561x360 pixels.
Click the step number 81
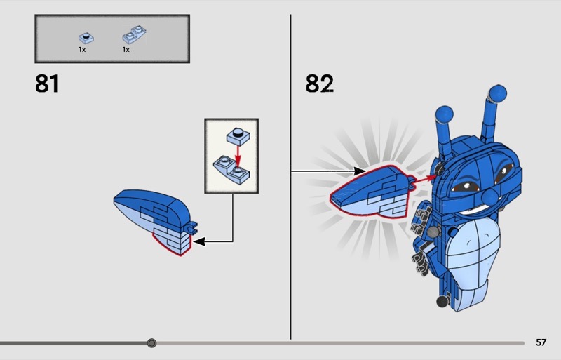[x=47, y=84]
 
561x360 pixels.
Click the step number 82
[x=320, y=84]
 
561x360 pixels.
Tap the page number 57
[x=541, y=342]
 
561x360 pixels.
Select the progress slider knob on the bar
[x=151, y=343]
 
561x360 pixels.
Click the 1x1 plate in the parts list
[x=86, y=38]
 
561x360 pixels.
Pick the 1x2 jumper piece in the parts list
[x=134, y=34]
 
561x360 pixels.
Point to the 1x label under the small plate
[x=82, y=50]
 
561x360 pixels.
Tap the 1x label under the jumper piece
[x=126, y=50]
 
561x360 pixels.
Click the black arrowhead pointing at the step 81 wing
[x=199, y=241]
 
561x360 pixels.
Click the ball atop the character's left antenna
[x=445, y=114]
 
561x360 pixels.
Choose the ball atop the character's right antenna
[x=498, y=94]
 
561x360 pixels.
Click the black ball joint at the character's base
[x=443, y=300]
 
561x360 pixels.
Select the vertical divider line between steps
[x=290, y=177]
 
